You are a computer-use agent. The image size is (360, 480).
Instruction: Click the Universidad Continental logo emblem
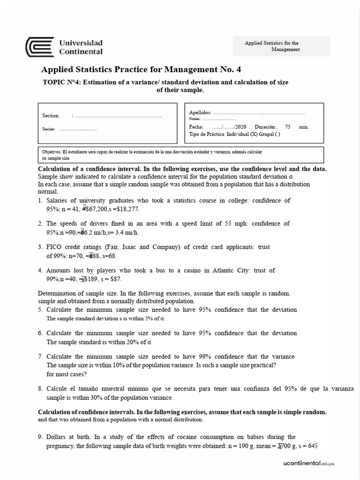coord(39,47)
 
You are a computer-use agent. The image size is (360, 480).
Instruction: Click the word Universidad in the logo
coord(81,43)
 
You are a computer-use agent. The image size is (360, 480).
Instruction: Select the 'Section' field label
coord(51,116)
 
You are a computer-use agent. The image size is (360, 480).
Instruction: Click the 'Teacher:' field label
coord(49,129)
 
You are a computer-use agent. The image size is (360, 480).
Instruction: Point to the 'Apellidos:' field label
coord(200,112)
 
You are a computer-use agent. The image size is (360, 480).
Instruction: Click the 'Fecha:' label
coord(196,127)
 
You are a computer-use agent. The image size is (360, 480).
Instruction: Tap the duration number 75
coord(288,127)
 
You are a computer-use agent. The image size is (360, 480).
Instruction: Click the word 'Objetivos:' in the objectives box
coord(52,152)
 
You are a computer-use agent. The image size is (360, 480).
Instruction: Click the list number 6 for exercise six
coord(40,333)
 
